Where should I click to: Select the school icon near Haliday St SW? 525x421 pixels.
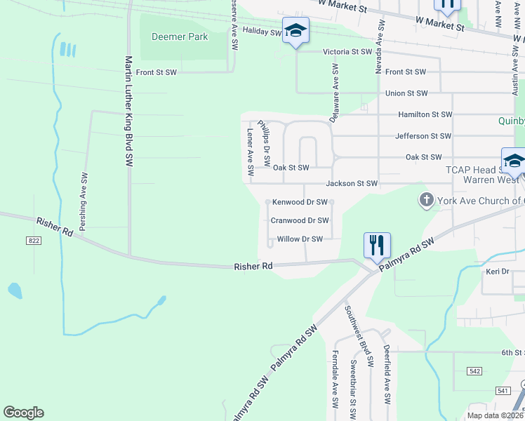point(295,31)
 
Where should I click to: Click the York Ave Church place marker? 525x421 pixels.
point(426,201)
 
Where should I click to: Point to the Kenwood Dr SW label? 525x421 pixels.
point(300,202)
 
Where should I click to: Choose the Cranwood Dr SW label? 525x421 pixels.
point(300,220)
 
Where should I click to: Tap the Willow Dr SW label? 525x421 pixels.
point(300,239)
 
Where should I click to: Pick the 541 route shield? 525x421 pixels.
point(502,390)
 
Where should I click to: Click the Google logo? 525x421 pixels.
point(23,413)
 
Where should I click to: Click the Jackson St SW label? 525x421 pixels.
point(352,184)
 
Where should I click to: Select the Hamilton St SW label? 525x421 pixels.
point(425,114)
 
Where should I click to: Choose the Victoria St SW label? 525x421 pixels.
point(346,52)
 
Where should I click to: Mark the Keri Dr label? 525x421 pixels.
point(498,271)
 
